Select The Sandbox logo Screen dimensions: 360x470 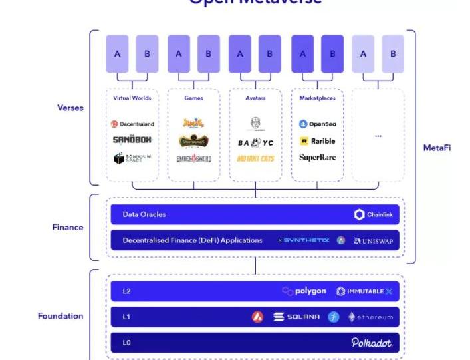click(x=132, y=140)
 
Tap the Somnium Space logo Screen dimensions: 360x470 click(x=132, y=158)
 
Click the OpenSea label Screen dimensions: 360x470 click(x=317, y=124)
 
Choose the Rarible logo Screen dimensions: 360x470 click(x=317, y=141)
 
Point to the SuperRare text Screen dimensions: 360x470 click(x=317, y=158)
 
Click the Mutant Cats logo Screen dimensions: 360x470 click(x=255, y=158)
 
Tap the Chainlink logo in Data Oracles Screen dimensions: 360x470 click(x=374, y=214)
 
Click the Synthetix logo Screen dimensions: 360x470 click(x=302, y=240)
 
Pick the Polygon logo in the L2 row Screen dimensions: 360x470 click(x=304, y=291)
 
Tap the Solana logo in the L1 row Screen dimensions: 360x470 click(x=296, y=317)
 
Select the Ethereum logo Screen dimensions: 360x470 click(x=370, y=317)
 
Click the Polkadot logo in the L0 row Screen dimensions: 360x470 click(x=371, y=342)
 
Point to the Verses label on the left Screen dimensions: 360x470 click(x=70, y=108)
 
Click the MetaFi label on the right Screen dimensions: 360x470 click(x=437, y=148)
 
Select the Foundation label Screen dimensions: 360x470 click(x=60, y=316)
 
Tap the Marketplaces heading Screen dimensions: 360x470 click(x=317, y=98)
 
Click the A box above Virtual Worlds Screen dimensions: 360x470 click(x=117, y=54)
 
